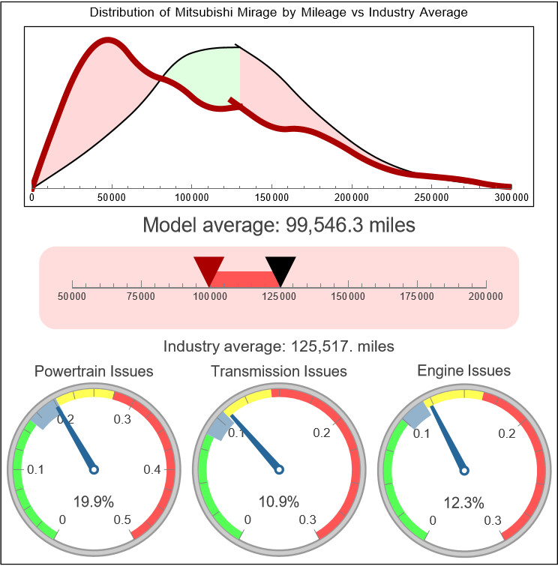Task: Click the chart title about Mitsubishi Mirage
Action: point(279,13)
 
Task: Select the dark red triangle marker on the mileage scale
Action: point(209,268)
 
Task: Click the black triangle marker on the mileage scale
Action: point(280,268)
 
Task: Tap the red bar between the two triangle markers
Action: point(244,279)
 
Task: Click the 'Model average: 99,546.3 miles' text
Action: point(279,225)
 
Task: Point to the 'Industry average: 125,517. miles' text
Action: point(279,346)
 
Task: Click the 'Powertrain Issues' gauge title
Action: point(94,371)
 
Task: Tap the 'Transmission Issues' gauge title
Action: point(279,371)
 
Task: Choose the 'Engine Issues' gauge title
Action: point(463,371)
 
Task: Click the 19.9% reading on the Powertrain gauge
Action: point(94,502)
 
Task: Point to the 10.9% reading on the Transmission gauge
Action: point(279,502)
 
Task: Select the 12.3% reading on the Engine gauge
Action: point(463,502)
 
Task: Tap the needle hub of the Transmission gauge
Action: point(279,469)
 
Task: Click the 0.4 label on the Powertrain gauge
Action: point(154,470)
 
